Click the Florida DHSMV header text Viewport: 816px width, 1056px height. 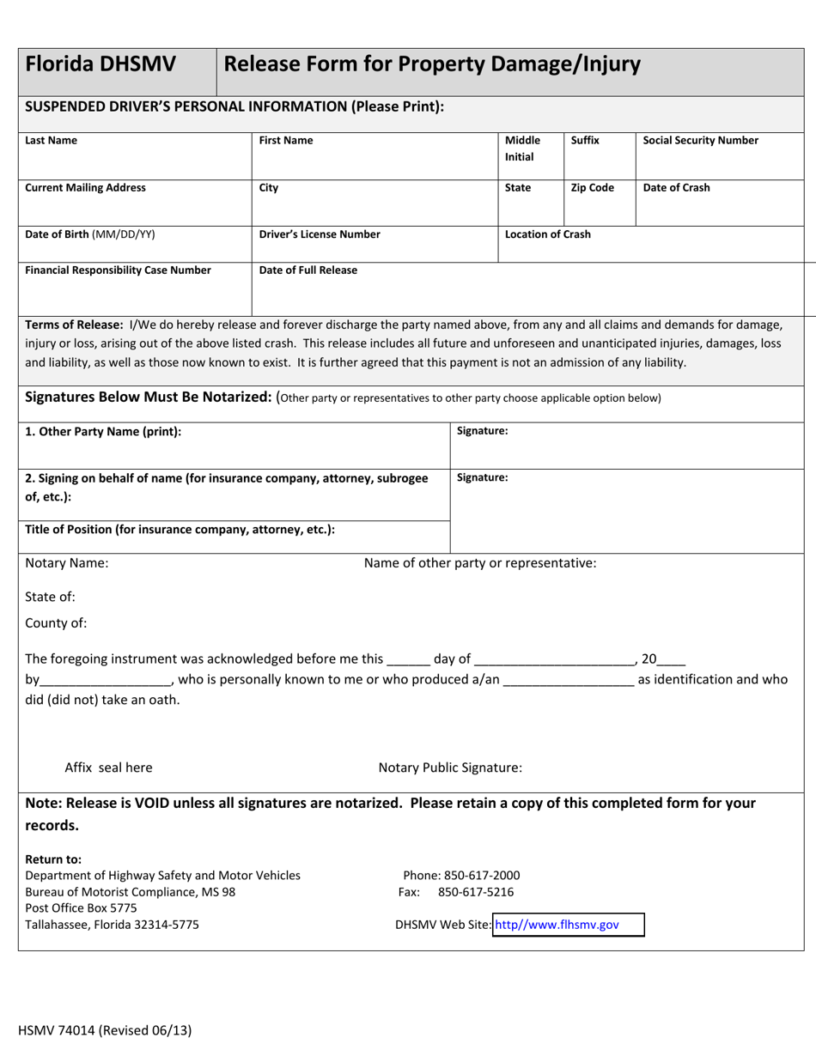point(100,64)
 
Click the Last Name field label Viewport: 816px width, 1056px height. point(51,141)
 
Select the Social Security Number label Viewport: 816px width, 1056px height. point(700,141)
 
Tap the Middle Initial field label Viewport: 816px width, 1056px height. point(522,149)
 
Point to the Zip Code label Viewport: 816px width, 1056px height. point(592,188)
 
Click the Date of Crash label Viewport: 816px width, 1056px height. point(676,188)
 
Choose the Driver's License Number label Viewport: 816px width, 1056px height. point(320,234)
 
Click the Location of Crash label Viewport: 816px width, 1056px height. point(547,234)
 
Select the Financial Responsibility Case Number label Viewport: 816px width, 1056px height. point(118,270)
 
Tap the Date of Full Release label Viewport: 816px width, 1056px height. point(308,270)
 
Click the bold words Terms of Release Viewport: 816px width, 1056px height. point(74,325)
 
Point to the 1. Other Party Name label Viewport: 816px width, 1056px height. point(103,432)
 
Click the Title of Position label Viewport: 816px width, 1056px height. point(180,530)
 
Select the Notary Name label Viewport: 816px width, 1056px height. point(66,563)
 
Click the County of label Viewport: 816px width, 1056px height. point(56,623)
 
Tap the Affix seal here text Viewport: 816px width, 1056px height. point(108,768)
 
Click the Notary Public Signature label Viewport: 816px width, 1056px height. point(449,768)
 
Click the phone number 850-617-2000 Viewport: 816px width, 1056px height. point(478,876)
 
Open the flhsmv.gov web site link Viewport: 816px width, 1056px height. point(557,925)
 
